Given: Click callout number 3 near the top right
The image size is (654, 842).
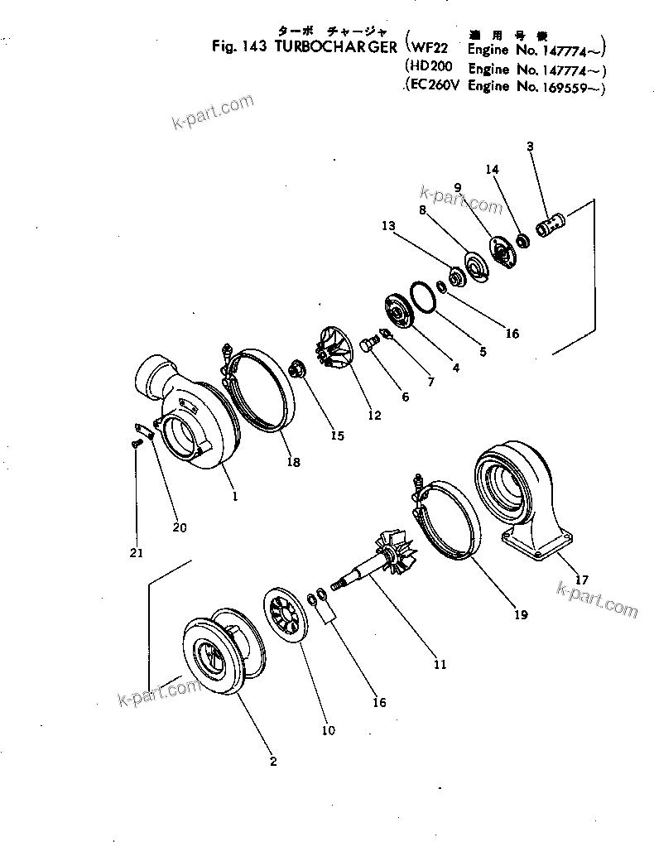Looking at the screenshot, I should pos(530,147).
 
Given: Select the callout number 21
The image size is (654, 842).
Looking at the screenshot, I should pos(137,552).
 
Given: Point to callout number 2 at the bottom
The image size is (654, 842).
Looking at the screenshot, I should pos(273,762).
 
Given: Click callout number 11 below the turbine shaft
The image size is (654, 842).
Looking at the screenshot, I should pos(440,663).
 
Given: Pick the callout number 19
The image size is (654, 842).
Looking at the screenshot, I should pos(519,615).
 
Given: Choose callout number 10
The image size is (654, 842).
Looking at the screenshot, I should pos(328,730).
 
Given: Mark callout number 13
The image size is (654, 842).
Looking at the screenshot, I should pos(389,225).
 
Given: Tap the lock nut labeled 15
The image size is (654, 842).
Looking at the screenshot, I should pos(298,368).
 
